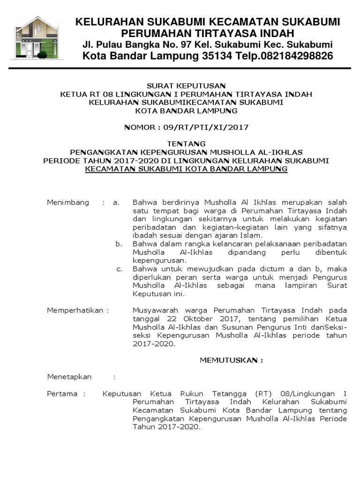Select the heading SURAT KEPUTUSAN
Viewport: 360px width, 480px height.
[x=186, y=86]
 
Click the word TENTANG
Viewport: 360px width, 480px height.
[x=186, y=143]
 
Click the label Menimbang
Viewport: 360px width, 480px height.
[x=68, y=202]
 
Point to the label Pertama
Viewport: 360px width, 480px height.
[x=62, y=394]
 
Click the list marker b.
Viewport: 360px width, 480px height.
[x=119, y=244]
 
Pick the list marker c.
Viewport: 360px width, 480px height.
[x=119, y=269]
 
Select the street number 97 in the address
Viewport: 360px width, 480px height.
[x=193, y=45]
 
